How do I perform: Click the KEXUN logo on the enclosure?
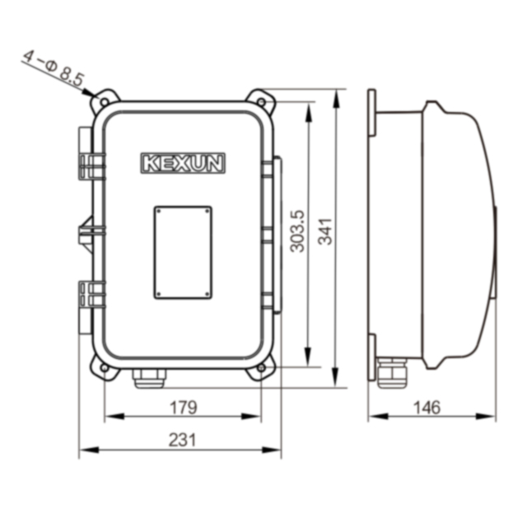(x=183, y=163)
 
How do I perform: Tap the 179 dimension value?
(x=183, y=408)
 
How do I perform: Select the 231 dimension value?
(x=182, y=440)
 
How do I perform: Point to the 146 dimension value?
(x=427, y=408)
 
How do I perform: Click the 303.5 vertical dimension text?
(x=297, y=231)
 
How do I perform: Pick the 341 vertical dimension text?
(x=325, y=231)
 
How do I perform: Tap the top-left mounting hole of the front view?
(x=105, y=102)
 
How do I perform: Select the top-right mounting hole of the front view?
(x=261, y=102)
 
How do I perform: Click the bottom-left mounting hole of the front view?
(x=105, y=368)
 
